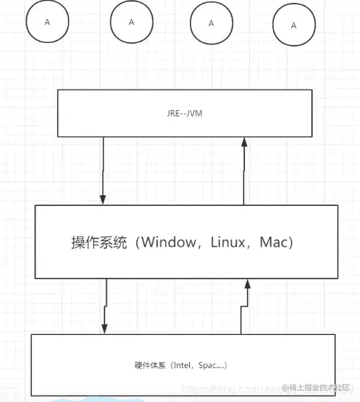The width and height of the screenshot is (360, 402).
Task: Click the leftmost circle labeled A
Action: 47,23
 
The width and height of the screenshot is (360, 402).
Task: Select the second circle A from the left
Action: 131,22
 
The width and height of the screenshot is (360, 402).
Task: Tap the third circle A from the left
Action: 211,23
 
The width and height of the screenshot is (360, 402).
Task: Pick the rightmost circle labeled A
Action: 294,25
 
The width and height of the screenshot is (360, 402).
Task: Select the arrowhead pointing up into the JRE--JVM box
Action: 244,142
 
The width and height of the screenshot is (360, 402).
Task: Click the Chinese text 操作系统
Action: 99,243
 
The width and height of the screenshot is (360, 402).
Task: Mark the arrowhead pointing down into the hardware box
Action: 104,328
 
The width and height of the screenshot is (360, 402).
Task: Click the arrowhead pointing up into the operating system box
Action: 247,284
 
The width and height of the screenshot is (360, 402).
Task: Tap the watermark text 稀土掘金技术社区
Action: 320,387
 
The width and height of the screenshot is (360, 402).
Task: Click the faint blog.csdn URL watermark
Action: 233,388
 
